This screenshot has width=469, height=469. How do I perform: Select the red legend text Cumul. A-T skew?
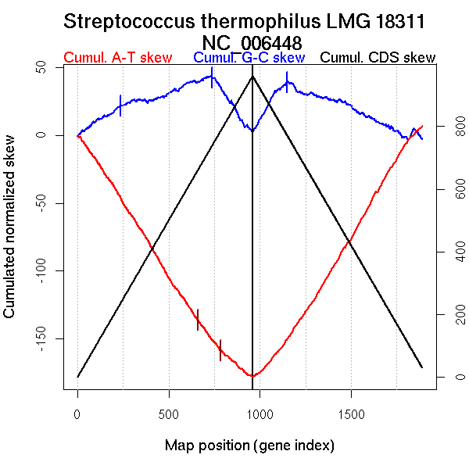[117, 58]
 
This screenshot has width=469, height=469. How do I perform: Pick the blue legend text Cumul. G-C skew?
[249, 58]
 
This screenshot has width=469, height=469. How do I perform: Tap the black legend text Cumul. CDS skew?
[378, 58]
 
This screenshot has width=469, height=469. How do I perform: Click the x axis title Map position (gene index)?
[249, 446]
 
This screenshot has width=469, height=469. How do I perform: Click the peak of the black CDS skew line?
[252, 76]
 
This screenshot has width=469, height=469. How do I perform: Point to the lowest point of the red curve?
[253, 376]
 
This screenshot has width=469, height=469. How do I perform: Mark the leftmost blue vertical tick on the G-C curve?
[120, 105]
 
